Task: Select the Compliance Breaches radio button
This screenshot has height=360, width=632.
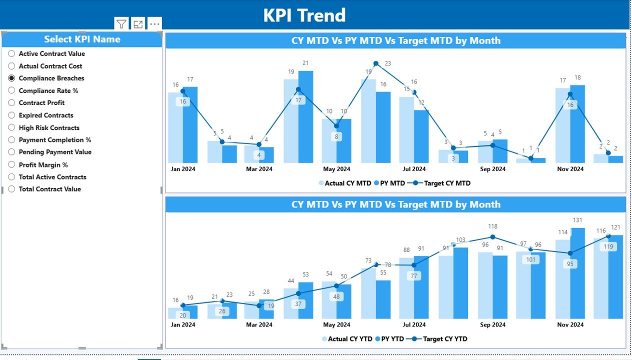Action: pos(11,78)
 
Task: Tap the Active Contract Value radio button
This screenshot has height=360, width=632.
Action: pos(11,53)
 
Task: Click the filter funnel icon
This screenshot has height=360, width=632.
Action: pos(121,24)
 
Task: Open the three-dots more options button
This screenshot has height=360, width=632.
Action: pos(154,24)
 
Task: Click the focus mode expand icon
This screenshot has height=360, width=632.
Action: pos(138,24)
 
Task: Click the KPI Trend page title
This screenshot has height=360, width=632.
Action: pos(304,15)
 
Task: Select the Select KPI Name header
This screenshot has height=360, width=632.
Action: pos(82,39)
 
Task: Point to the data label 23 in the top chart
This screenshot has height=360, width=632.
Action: pos(387,63)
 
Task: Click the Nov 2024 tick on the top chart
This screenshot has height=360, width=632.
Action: pos(570,169)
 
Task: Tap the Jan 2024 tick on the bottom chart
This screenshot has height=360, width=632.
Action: pos(182,324)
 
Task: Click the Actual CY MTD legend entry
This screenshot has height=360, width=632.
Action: pos(345,183)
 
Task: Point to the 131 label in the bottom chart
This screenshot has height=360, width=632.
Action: pos(577,220)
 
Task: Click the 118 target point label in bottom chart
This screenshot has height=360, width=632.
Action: pos(492,226)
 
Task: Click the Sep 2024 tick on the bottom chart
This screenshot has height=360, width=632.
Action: pos(492,324)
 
